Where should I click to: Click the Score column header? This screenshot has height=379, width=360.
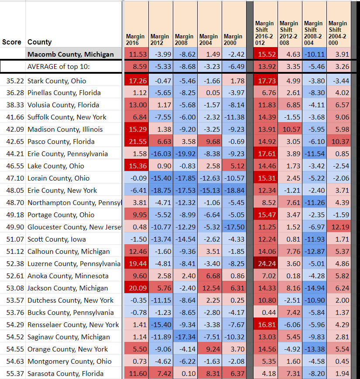12,42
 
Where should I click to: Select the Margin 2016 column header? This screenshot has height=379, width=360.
135,40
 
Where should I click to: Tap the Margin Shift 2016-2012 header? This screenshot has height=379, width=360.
264,33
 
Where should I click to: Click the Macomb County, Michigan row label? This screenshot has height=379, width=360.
70,55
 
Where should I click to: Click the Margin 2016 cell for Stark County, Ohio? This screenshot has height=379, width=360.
136,81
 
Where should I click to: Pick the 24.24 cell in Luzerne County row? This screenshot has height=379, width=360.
265,264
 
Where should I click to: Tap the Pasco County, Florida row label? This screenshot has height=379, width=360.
61,142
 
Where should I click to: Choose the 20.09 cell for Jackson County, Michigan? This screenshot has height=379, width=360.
136,288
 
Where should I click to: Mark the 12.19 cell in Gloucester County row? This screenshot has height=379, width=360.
339,227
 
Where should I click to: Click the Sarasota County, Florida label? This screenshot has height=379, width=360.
65,374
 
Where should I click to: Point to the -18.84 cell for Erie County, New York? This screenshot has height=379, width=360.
234,191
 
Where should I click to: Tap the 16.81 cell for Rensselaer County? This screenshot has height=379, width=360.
265,325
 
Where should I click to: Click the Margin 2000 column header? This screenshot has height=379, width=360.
233,40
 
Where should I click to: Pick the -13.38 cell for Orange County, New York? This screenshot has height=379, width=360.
314,349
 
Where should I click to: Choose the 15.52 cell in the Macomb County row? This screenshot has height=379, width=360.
265,55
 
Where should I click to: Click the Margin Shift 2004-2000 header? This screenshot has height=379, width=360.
338,33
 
